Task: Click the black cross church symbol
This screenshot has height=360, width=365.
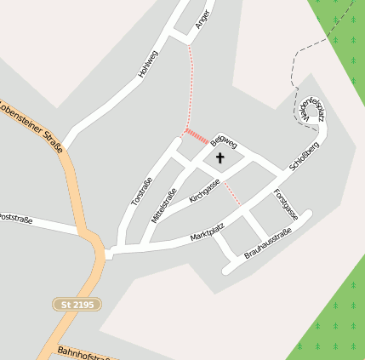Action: (220, 157)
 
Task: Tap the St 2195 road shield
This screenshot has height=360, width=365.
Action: (77, 304)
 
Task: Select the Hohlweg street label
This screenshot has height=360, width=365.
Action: (148, 65)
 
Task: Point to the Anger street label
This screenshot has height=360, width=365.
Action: (202, 20)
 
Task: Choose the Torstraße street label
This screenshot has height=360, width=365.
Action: (142, 191)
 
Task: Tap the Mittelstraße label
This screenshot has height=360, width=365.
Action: (164, 206)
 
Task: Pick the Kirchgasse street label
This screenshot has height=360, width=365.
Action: (205, 190)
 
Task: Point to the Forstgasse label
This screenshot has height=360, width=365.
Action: (285, 203)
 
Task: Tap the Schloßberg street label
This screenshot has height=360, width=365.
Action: (303, 159)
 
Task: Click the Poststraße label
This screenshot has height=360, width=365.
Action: (16, 219)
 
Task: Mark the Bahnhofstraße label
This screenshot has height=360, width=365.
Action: (86, 352)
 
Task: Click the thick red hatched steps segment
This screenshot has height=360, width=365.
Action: (197, 135)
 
